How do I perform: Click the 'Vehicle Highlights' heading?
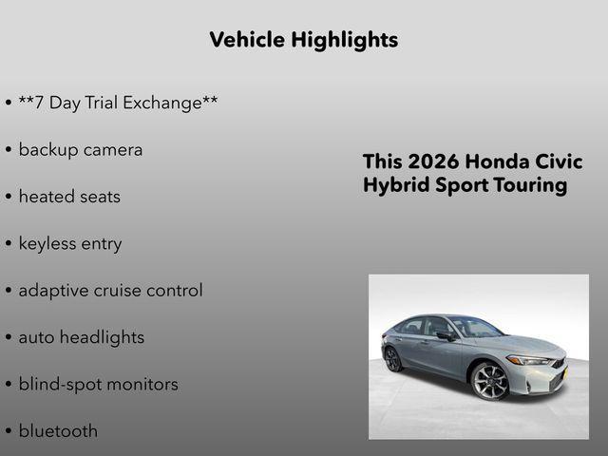click(303, 40)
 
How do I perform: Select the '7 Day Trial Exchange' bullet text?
click(118, 103)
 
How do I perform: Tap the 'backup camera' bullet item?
click(80, 150)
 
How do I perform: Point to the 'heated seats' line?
click(69, 197)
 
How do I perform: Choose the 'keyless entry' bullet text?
click(70, 244)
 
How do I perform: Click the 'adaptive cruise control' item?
click(110, 291)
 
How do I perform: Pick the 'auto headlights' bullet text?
click(81, 337)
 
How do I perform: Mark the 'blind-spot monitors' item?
click(98, 385)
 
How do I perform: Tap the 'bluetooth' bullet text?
click(58, 431)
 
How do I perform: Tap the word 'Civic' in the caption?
click(561, 161)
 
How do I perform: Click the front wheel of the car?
click(490, 381)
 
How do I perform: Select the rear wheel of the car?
click(393, 359)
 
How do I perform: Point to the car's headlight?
click(528, 360)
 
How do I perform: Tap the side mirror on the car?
click(444, 335)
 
